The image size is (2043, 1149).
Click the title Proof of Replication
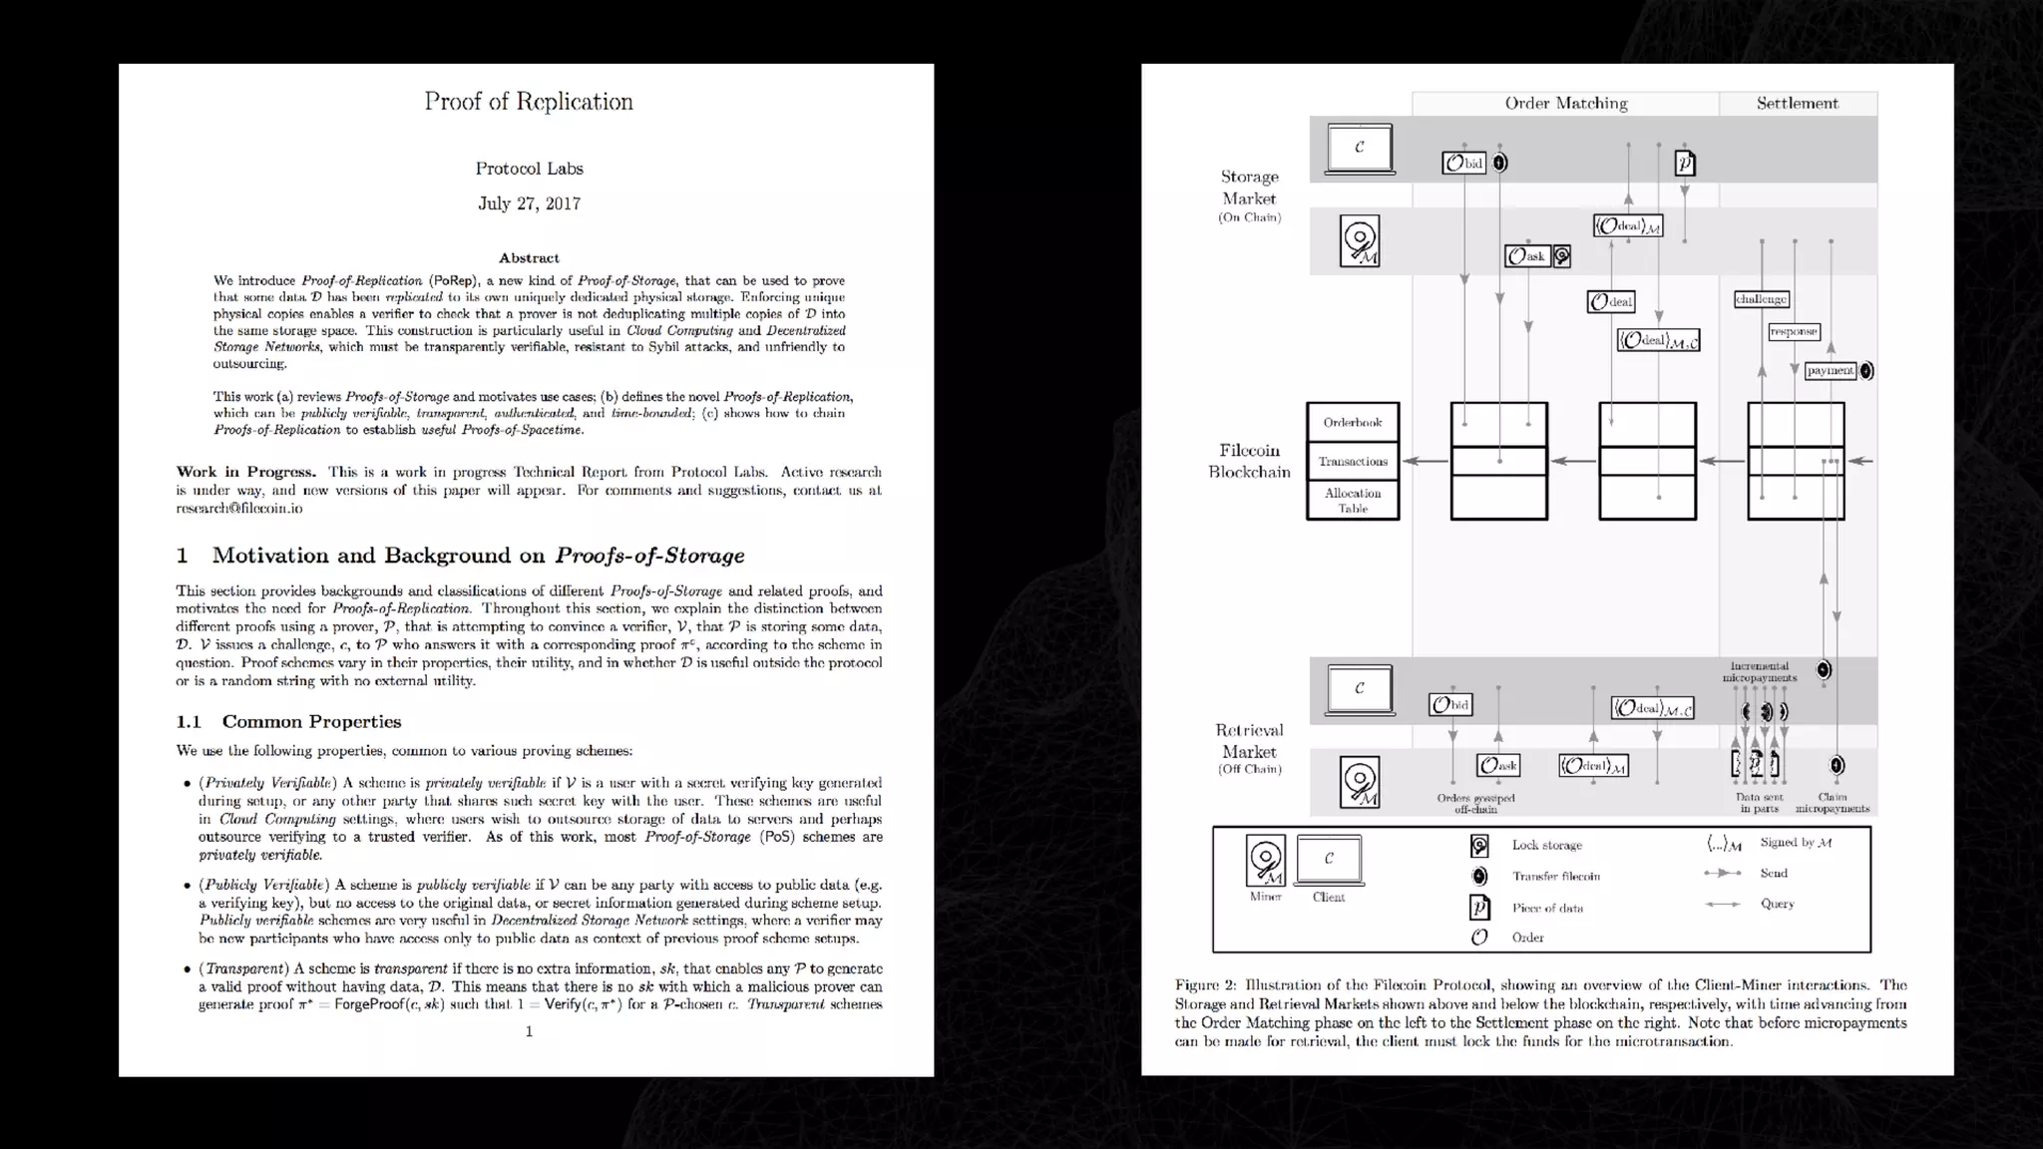(528, 102)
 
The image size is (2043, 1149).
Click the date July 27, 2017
(529, 203)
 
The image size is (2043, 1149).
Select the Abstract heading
(529, 258)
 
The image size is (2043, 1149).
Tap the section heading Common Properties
(311, 722)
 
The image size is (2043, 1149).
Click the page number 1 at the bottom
(529, 1031)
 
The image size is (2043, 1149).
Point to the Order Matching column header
(1565, 104)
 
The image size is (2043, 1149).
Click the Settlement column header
(1797, 104)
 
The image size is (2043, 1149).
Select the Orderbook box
(1353, 423)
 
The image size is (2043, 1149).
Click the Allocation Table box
(1353, 501)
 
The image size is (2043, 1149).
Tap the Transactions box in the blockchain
(1353, 462)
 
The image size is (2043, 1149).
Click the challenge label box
(1761, 299)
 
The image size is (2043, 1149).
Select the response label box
(1794, 332)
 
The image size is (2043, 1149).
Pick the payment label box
(1830, 371)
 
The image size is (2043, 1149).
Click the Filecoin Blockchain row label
(1249, 462)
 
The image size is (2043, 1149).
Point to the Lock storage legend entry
(1546, 846)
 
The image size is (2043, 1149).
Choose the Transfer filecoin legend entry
(1555, 877)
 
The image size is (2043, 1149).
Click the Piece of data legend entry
(1547, 909)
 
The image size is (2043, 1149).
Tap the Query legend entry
(1777, 905)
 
